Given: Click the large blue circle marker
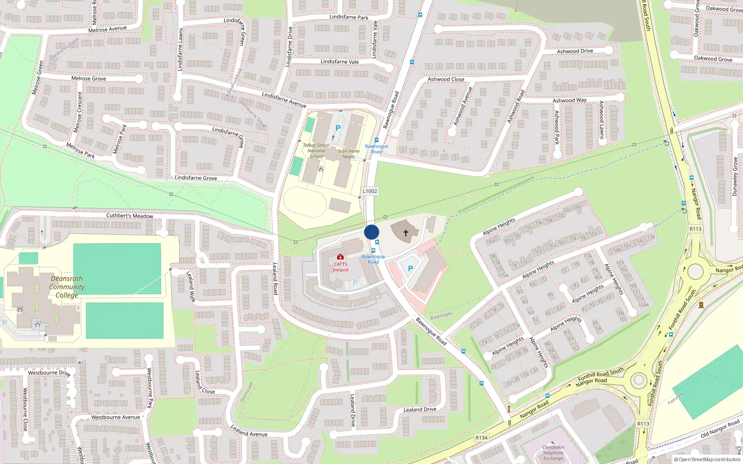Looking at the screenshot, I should (371, 232).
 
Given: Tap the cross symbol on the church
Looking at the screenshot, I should (405, 233).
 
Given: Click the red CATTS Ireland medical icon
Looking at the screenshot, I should (340, 257).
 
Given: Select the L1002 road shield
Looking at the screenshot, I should (370, 191).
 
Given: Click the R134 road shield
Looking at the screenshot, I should (482, 438).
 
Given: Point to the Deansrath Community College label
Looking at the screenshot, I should (67, 287).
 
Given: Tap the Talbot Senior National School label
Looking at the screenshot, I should (316, 151).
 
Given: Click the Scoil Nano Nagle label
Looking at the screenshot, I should (349, 154).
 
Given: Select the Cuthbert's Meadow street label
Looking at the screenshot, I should (130, 216).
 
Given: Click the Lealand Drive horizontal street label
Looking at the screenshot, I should (420, 409).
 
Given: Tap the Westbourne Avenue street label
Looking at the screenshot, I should (116, 417).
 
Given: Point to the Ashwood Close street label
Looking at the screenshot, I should (446, 79).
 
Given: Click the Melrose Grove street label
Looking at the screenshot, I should (89, 78).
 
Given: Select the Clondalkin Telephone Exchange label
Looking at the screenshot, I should (553, 453).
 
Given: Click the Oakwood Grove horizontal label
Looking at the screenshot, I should (713, 59).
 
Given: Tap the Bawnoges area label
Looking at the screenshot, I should (441, 316).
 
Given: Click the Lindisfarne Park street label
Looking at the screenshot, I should (349, 17).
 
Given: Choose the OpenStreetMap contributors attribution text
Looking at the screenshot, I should (709, 459).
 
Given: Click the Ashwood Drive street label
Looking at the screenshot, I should (575, 51).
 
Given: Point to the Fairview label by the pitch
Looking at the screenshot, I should (676, 398).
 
